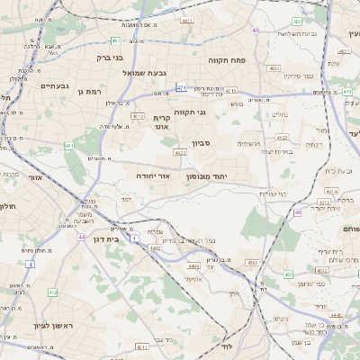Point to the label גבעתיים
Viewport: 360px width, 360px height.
pos(37,85)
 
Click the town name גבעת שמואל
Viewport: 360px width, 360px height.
pos(167,72)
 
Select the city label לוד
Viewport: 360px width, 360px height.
pos(227,346)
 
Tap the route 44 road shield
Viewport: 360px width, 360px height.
pos(81,237)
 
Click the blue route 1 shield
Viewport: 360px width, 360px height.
pos(134,238)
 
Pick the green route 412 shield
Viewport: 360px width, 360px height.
pos(52,292)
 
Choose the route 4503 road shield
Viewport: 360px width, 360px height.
pos(252,262)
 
